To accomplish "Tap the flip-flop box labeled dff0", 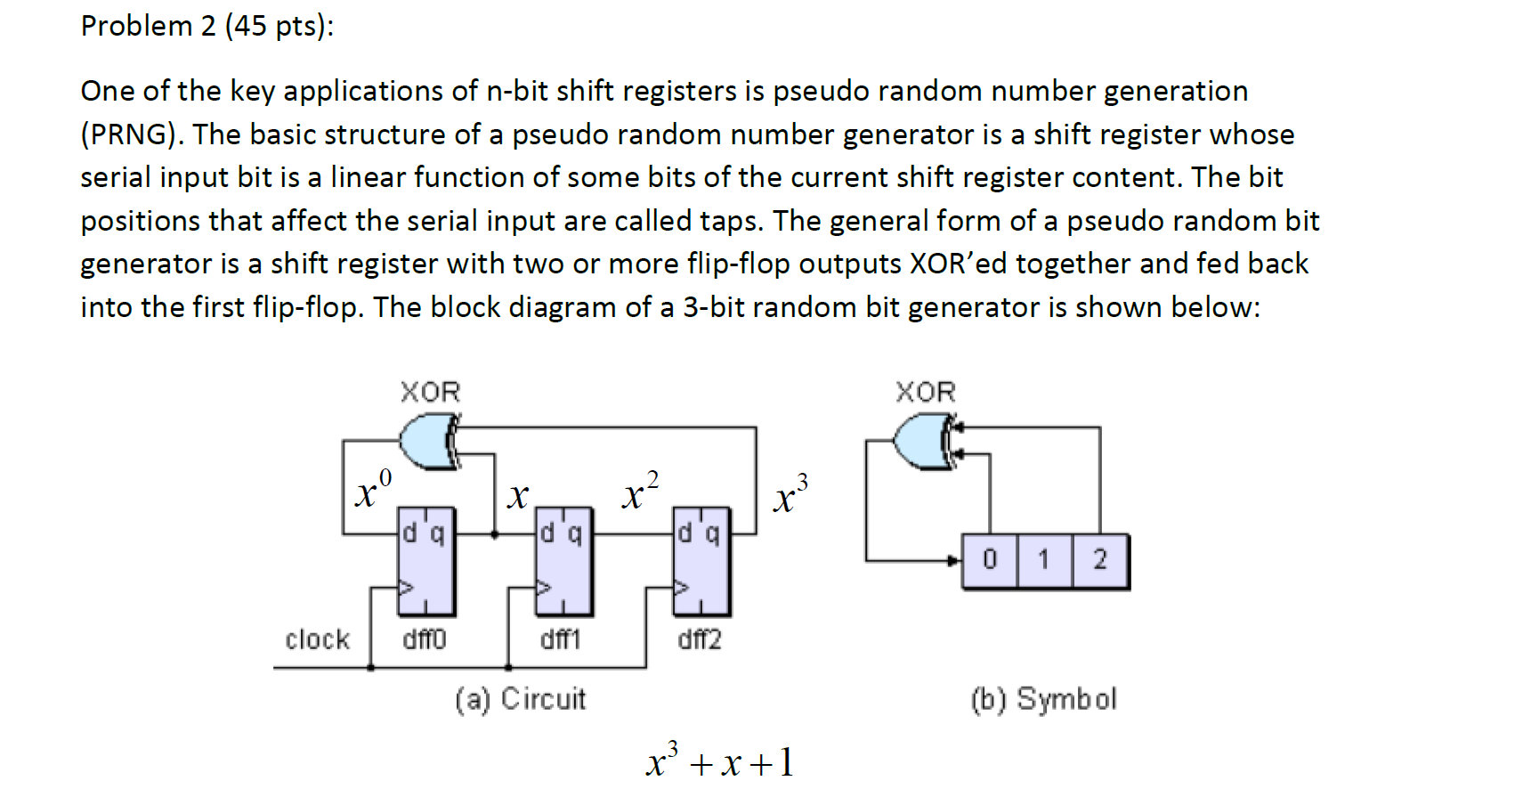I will pyautogui.click(x=426, y=562).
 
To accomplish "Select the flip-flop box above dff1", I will pyautogui.click(x=564, y=562).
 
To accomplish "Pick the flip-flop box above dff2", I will pyautogui.click(x=702, y=562).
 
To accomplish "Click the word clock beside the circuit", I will pyautogui.click(x=317, y=639).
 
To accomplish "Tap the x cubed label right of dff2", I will pyautogui.click(x=790, y=495).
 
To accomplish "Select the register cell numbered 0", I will pyautogui.click(x=990, y=560).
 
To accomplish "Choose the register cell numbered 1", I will pyautogui.click(x=1044, y=560).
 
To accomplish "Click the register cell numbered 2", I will pyautogui.click(x=1100, y=560).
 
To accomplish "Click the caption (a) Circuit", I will pyautogui.click(x=521, y=699).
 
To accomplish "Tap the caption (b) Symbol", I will pyautogui.click(x=1043, y=699).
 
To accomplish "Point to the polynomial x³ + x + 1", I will pyautogui.click(x=719, y=761).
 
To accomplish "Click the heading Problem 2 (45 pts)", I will pyautogui.click(x=207, y=26).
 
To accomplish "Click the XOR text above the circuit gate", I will pyautogui.click(x=430, y=392).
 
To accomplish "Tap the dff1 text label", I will pyautogui.click(x=561, y=639).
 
